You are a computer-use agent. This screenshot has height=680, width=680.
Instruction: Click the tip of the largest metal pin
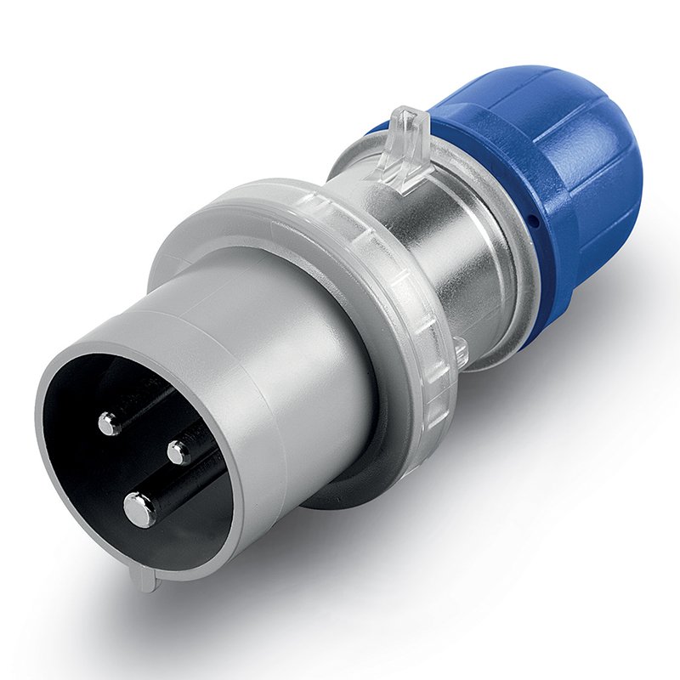(139, 509)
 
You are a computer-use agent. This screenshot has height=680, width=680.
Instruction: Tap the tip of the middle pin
(178, 452)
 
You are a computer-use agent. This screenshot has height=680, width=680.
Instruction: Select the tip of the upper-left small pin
(109, 422)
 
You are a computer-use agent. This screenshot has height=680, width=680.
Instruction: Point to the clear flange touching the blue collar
(510, 280)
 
